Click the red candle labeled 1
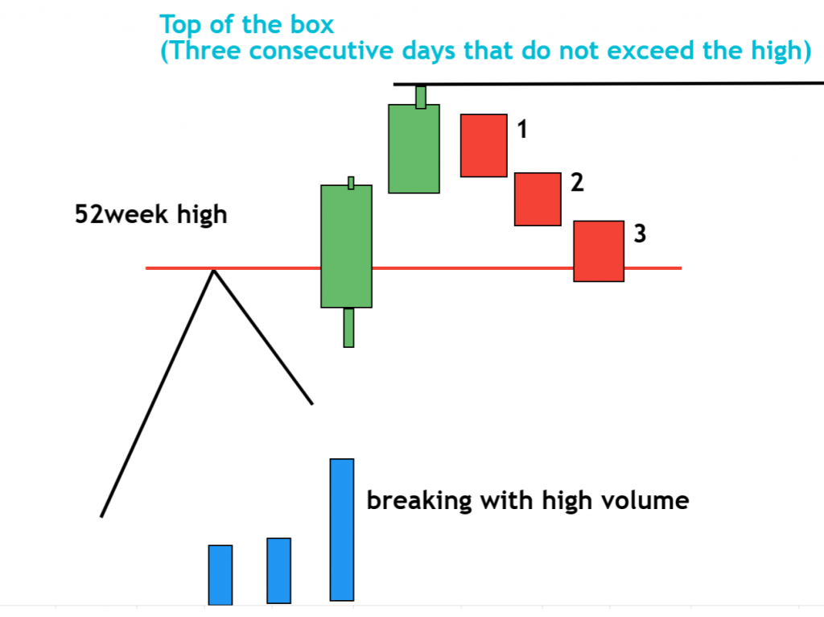[484, 145]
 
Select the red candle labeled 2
[538, 199]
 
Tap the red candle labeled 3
[599, 251]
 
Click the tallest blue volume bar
[342, 529]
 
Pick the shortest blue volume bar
[220, 574]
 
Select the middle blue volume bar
[279, 570]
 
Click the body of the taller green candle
[347, 246]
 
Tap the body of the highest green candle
[414, 148]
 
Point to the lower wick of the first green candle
[348, 327]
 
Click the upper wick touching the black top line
[420, 96]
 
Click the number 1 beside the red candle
[521, 129]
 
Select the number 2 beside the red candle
[576, 183]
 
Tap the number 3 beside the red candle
[640, 234]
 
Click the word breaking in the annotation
[418, 501]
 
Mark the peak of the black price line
[213, 270]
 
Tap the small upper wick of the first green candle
[351, 182]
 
